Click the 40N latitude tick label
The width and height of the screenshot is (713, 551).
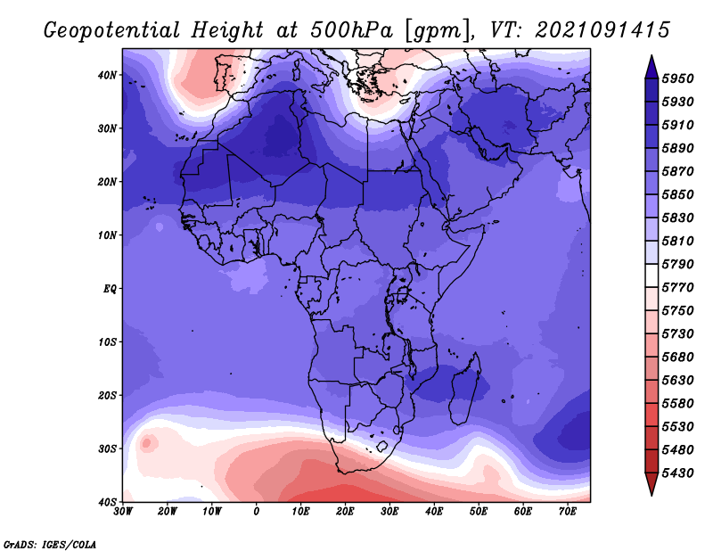click(x=107, y=75)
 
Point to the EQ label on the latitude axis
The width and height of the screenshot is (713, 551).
click(x=110, y=289)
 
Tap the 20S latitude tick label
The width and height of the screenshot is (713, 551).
click(x=107, y=395)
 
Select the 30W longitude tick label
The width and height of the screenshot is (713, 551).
click(x=123, y=512)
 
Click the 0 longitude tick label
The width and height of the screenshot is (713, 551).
click(x=257, y=512)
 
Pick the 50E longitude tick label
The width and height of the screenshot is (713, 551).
click(x=479, y=512)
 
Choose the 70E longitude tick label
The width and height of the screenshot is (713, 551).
click(x=567, y=512)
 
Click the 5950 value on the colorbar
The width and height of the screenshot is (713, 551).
click(x=678, y=78)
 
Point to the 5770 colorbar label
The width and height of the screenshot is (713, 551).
click(x=678, y=288)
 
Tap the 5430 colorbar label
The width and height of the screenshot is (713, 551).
click(x=678, y=473)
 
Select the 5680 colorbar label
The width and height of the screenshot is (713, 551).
click(x=678, y=358)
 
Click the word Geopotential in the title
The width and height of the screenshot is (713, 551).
click(x=112, y=30)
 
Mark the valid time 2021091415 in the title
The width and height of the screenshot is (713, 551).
click(x=602, y=30)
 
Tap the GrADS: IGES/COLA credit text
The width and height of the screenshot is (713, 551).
click(x=50, y=544)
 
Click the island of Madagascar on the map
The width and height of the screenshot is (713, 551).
click(x=464, y=389)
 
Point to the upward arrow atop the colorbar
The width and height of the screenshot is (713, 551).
click(x=652, y=67)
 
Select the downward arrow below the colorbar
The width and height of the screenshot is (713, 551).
click(x=652, y=484)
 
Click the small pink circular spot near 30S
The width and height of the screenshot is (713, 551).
click(x=147, y=443)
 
